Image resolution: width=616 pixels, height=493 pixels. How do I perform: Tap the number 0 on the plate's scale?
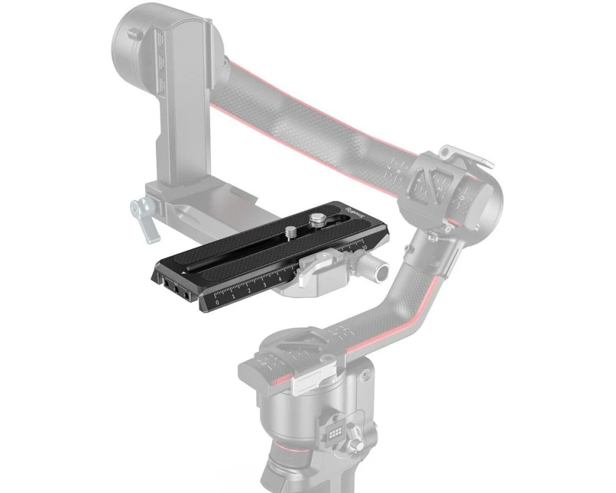(216, 301)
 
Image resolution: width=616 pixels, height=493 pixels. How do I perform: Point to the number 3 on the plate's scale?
(264, 285)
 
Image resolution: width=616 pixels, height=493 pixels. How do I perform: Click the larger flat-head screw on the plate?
(317, 218)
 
